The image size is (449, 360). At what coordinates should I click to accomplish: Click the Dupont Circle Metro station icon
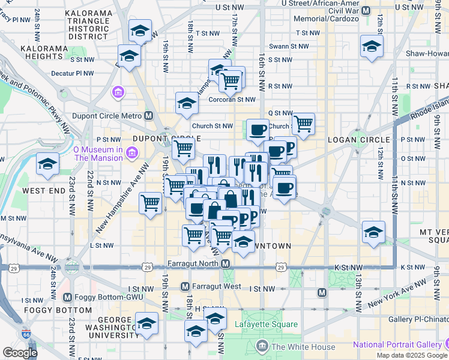pyautogui.click(x=149, y=116)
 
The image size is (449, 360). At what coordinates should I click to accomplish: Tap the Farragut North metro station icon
pyautogui.click(x=225, y=264)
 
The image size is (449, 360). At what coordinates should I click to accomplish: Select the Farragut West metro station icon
pyautogui.click(x=185, y=287)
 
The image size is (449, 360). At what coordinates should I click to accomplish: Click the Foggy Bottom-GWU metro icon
pyautogui.click(x=67, y=297)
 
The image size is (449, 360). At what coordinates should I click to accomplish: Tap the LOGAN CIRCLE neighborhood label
pyautogui.click(x=358, y=140)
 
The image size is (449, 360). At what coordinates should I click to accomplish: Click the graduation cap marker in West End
pyautogui.click(x=47, y=164)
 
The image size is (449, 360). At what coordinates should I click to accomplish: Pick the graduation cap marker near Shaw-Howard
pyautogui.click(x=372, y=46)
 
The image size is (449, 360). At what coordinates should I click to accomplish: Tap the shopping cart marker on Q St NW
pyautogui.click(x=304, y=124)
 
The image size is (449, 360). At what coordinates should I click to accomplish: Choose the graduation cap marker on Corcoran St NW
pyautogui.click(x=187, y=103)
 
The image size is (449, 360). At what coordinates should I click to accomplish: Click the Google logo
pyautogui.click(x=19, y=353)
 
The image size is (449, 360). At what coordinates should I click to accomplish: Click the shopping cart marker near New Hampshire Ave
pyautogui.click(x=150, y=202)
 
